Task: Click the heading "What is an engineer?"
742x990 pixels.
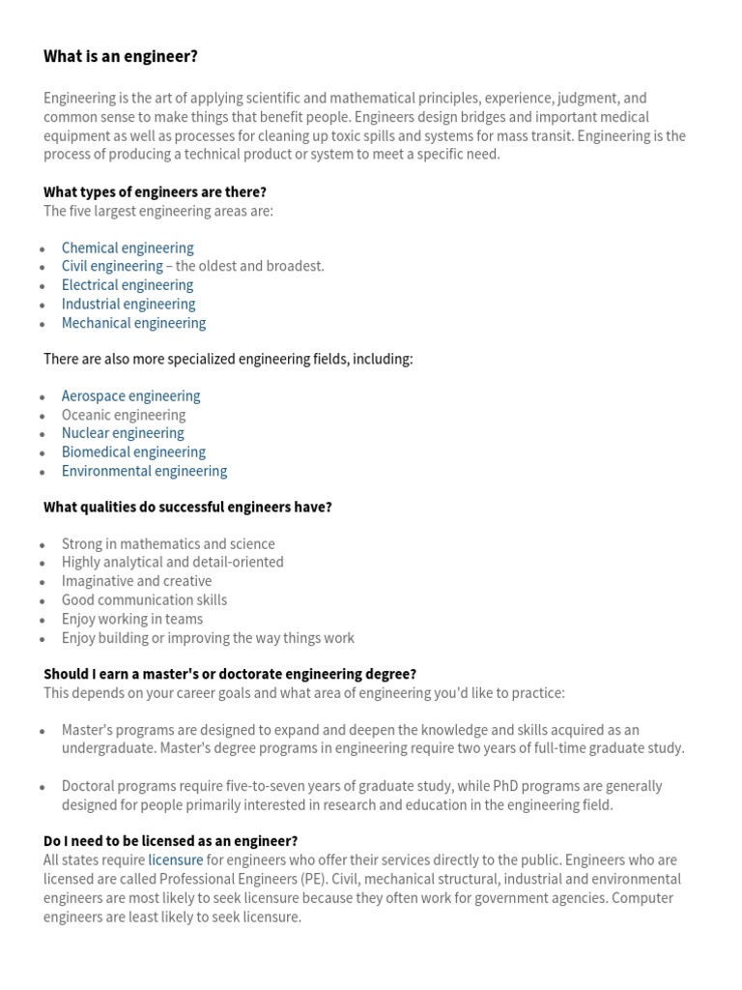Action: (121, 57)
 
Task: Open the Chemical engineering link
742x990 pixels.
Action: (128, 247)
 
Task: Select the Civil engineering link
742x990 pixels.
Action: (112, 266)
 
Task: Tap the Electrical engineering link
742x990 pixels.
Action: (128, 285)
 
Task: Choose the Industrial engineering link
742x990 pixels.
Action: (128, 305)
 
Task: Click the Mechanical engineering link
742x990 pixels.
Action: (133, 323)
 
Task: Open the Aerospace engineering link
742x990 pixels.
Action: (130, 395)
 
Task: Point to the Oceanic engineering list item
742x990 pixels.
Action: (124, 415)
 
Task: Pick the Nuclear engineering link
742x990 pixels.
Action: (123, 433)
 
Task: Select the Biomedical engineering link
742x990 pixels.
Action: (133, 452)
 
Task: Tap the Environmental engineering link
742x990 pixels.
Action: (144, 472)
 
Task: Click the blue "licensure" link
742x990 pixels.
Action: (176, 860)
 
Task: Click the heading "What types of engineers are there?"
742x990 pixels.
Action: (155, 191)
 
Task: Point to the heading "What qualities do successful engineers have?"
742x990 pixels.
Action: (187, 507)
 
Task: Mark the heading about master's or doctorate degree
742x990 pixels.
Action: (230, 674)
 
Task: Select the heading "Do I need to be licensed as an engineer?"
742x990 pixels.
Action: (171, 841)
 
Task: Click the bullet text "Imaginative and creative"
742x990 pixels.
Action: (136, 581)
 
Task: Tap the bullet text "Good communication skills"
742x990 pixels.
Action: (144, 600)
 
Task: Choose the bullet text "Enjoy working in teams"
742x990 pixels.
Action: (132, 619)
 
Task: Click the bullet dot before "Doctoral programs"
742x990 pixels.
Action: (43, 788)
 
